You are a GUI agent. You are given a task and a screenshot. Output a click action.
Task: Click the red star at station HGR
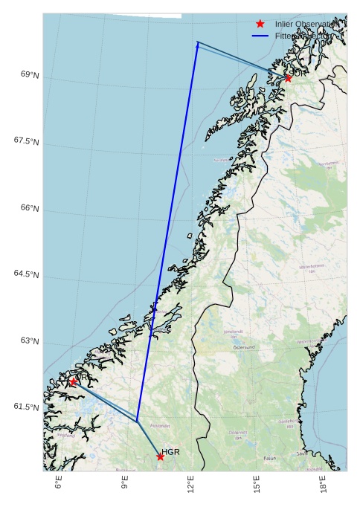[160, 456]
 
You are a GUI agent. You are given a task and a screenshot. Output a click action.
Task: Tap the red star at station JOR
[288, 78]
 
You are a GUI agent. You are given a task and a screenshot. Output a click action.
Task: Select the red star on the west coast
[73, 381]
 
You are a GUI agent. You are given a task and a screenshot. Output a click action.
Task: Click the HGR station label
[171, 451]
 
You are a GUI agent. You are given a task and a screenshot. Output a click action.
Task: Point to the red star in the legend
[260, 24]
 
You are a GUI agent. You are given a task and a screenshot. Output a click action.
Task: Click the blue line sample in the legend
[260, 36]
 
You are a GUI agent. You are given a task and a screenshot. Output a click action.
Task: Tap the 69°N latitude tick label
[30, 75]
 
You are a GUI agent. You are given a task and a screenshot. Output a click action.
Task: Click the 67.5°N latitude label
[27, 141]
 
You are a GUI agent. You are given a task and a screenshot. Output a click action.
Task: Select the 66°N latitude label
[30, 208]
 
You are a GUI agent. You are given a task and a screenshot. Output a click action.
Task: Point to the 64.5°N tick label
[27, 274]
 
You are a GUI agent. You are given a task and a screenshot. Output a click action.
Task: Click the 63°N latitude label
[30, 340]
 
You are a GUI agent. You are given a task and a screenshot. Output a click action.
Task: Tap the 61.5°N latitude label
[27, 407]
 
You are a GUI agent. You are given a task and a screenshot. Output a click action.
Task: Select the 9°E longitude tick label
[124, 483]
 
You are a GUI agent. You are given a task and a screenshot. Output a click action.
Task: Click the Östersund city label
[244, 347]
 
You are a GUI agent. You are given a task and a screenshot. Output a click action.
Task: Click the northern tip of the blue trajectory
[198, 42]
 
